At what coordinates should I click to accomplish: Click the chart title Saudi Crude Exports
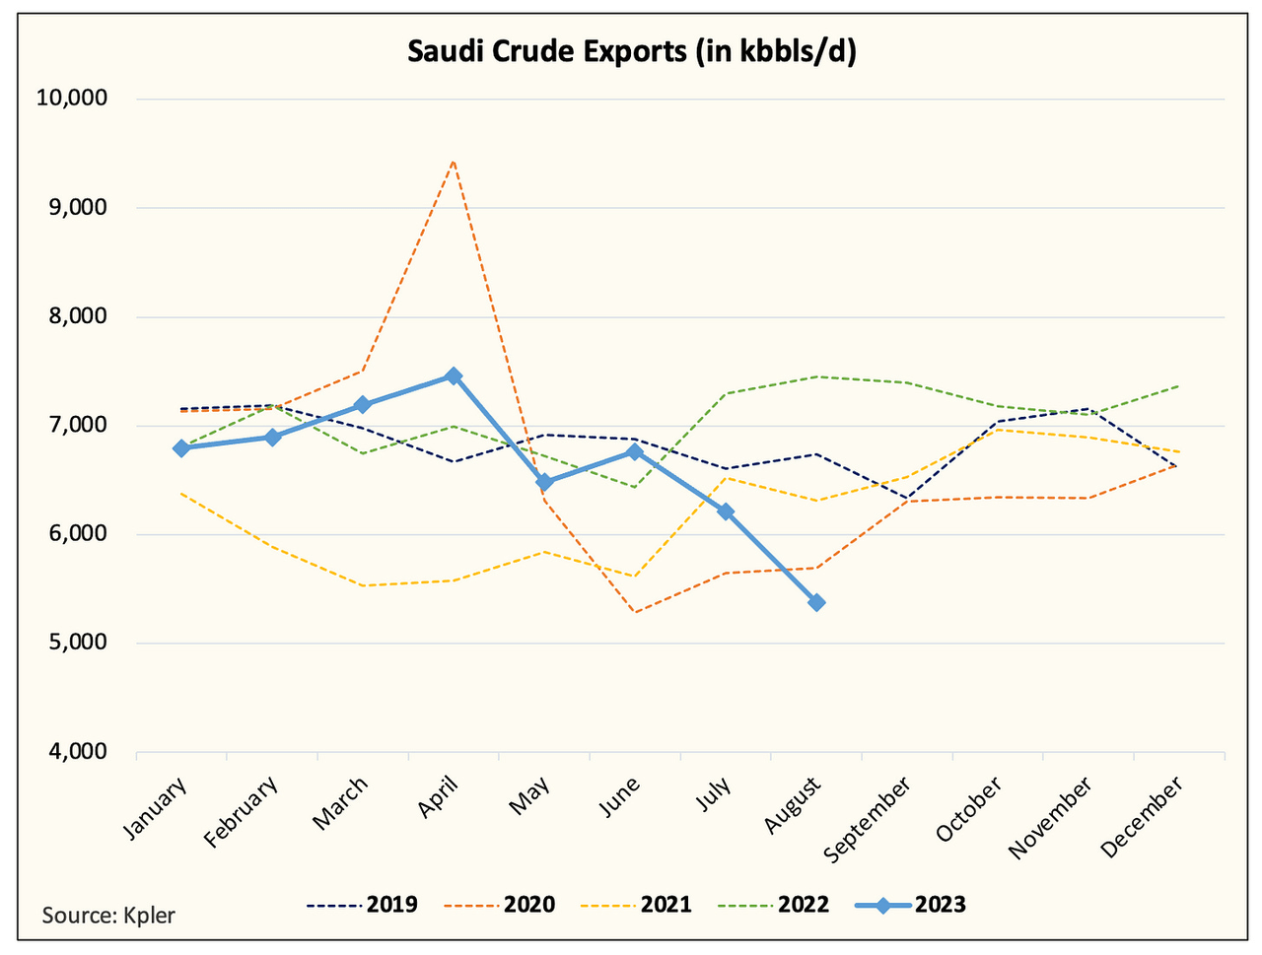tap(631, 51)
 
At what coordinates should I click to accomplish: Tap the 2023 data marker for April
tap(454, 375)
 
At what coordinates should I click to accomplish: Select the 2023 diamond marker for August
tap(816, 602)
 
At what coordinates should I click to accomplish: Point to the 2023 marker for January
tap(180, 448)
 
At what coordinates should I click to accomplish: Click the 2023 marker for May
tap(544, 482)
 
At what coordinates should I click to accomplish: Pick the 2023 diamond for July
tap(726, 512)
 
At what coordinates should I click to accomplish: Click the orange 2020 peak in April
tap(453, 161)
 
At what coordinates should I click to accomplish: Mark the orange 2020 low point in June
tap(635, 612)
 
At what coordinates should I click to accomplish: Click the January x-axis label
tap(156, 809)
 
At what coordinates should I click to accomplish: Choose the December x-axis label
tap(1142, 817)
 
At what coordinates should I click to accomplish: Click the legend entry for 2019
tap(362, 905)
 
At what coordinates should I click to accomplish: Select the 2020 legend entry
tap(499, 905)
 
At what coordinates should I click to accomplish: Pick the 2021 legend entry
tap(636, 905)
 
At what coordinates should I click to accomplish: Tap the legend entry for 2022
tap(773, 905)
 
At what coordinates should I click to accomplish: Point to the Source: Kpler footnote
tap(108, 915)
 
